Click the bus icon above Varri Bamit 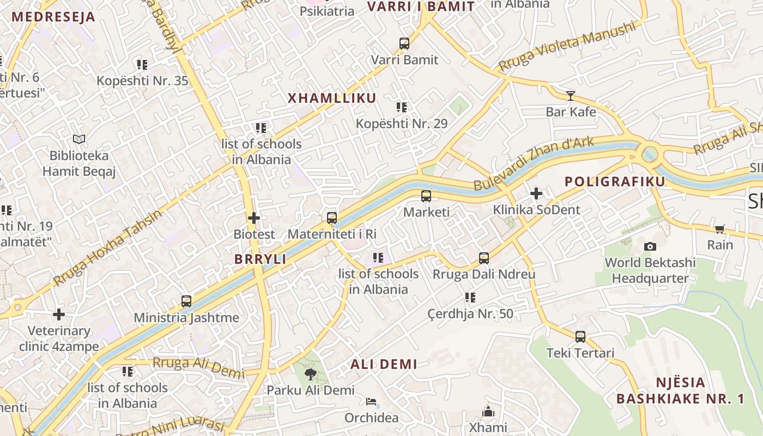point(404,44)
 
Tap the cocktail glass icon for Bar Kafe point(571,96)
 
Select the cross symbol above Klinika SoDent point(536,193)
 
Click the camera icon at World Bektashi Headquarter point(650,247)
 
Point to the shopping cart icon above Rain point(720,229)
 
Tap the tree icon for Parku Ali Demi point(311,374)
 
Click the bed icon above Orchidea point(371,402)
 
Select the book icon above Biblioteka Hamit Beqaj point(79,140)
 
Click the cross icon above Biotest point(254,219)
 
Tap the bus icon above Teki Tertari point(580,337)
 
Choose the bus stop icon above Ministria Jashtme point(186,301)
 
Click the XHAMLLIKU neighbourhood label point(331,98)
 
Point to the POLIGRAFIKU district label point(615,181)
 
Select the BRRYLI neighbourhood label point(261,259)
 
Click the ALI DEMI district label point(384,364)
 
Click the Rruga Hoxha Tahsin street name point(108,248)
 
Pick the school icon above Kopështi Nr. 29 point(402,107)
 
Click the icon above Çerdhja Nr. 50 point(470,298)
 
